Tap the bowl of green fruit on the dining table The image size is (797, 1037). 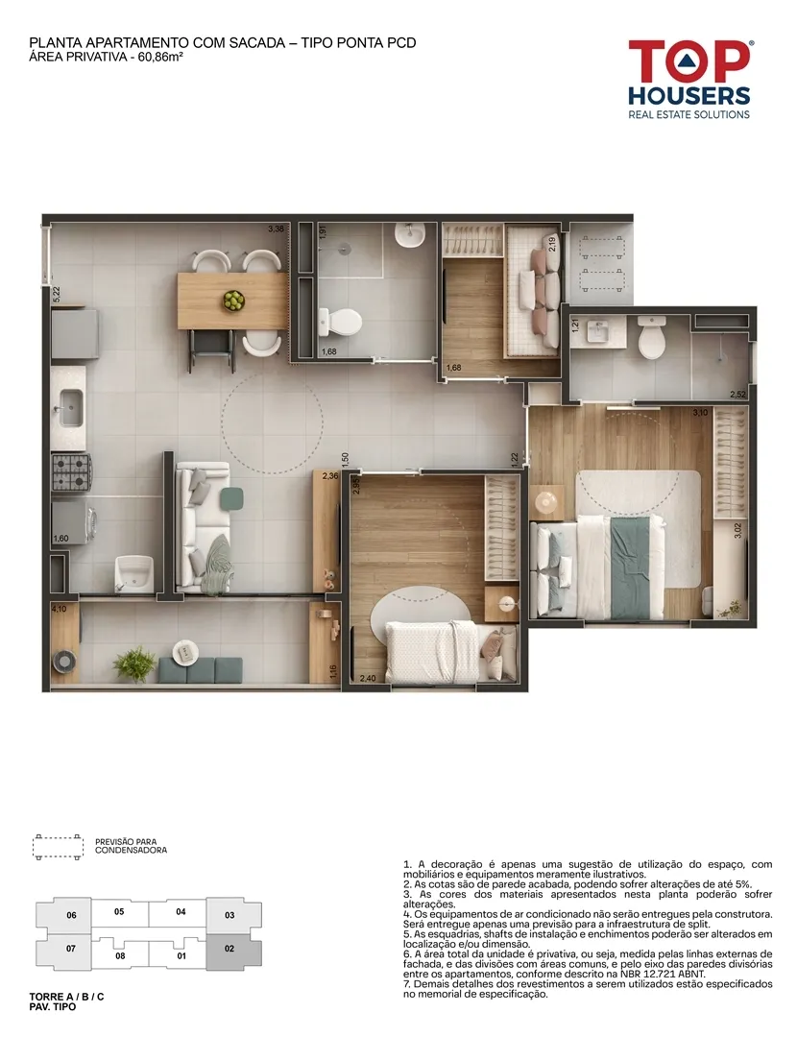coord(232,301)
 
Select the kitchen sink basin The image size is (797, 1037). coord(70,405)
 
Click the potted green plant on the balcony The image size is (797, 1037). coord(134,662)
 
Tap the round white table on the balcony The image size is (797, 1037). coord(186,652)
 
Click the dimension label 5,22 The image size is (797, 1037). coord(57,293)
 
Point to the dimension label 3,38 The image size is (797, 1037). coord(276,229)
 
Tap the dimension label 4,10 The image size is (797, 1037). coord(59,609)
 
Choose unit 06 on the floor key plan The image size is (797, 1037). coord(71,915)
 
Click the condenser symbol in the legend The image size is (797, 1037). coord(59,847)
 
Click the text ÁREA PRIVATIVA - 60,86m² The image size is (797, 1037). coord(106,57)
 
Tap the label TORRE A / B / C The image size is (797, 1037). coord(67,997)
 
